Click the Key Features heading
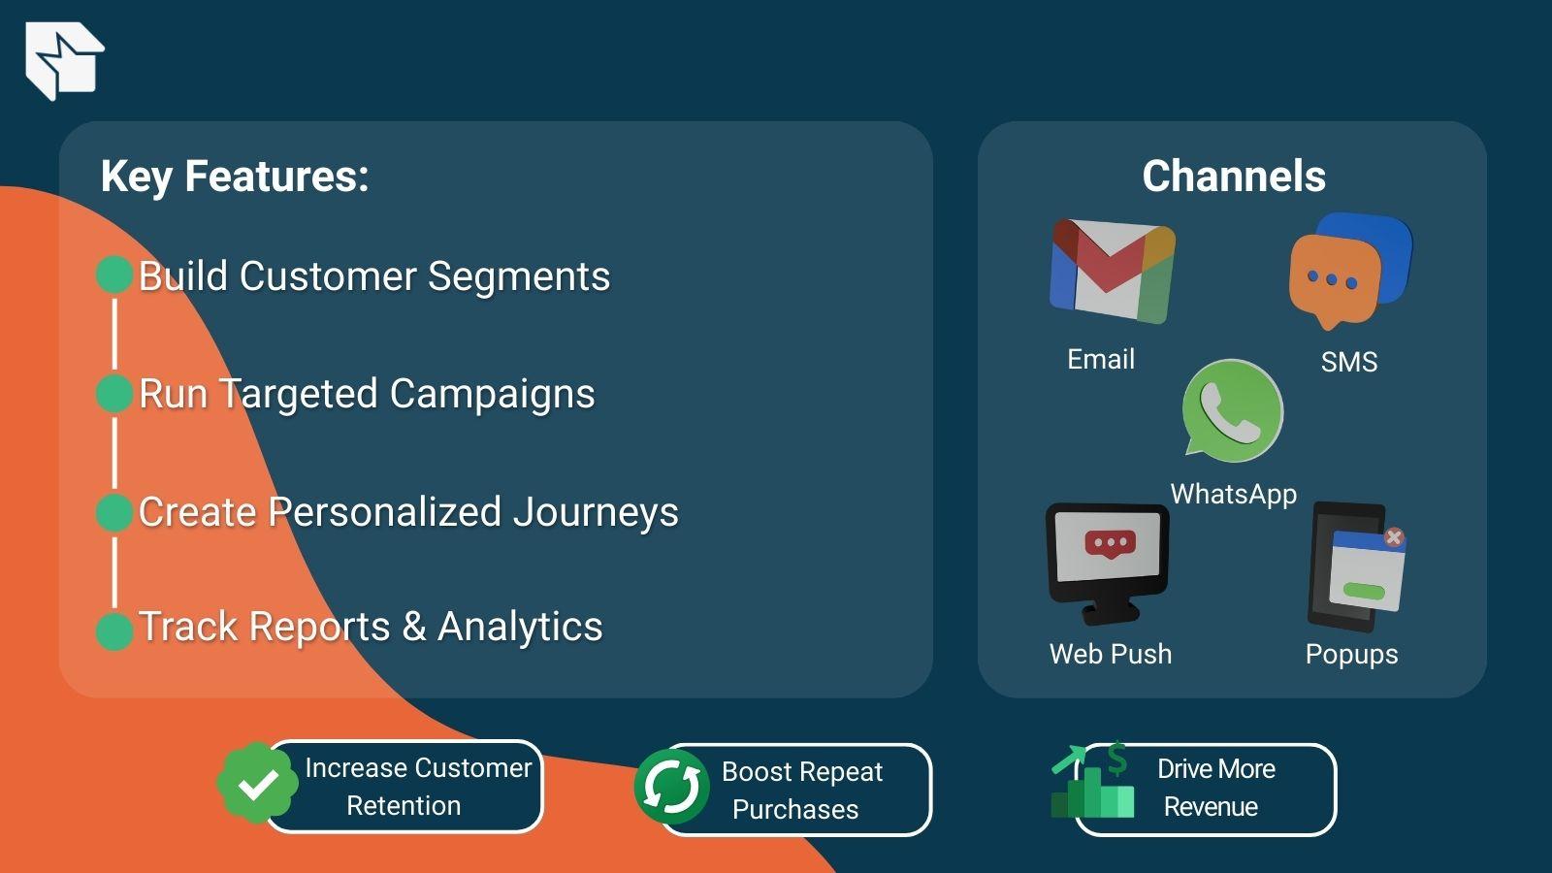(x=235, y=177)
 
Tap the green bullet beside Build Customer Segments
(x=114, y=275)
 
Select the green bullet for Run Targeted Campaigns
(x=114, y=394)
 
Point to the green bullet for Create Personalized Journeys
(x=114, y=512)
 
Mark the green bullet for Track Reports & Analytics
(x=114, y=630)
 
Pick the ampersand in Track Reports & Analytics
(x=414, y=627)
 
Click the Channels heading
(x=1233, y=177)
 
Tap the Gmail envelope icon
(x=1112, y=271)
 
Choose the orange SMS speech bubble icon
(x=1335, y=279)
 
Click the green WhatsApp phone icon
(x=1232, y=410)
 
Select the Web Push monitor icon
(x=1108, y=561)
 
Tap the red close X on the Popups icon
(x=1394, y=536)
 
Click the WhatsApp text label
(x=1233, y=494)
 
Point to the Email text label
(x=1100, y=359)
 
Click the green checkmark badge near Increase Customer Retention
(x=257, y=784)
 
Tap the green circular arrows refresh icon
(x=671, y=787)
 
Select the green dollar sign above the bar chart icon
(x=1117, y=758)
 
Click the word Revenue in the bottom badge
(x=1211, y=807)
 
